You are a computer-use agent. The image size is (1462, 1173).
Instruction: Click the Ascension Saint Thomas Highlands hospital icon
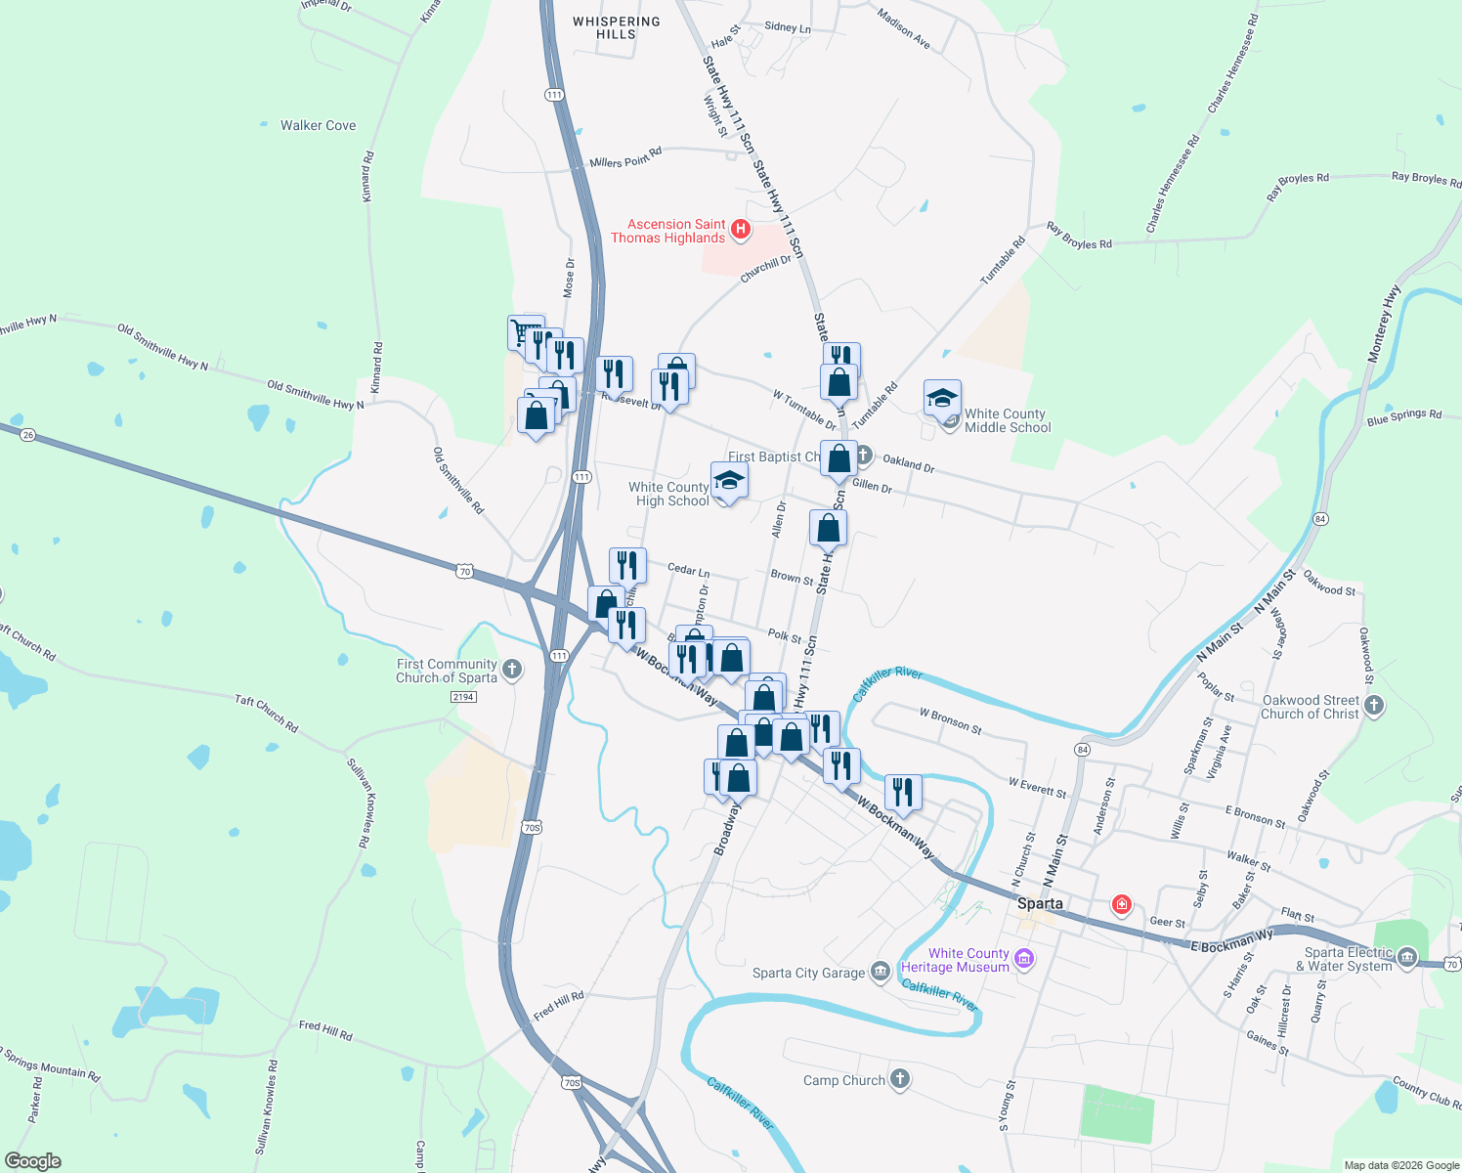click(x=741, y=230)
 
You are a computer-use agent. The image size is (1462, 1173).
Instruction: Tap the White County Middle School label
click(x=1007, y=420)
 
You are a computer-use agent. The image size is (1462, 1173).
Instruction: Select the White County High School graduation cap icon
click(x=729, y=481)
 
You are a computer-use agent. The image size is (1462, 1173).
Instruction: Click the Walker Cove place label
click(x=318, y=125)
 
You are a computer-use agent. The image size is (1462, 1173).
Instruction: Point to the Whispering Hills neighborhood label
click(x=616, y=27)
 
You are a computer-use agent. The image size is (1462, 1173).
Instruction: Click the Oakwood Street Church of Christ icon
click(x=1374, y=706)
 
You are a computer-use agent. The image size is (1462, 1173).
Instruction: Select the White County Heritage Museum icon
click(x=1024, y=959)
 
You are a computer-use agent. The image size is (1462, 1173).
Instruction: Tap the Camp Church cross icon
click(x=900, y=1079)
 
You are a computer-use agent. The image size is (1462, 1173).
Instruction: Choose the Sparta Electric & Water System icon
click(x=1407, y=958)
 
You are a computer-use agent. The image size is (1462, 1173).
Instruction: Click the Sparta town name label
click(x=1040, y=903)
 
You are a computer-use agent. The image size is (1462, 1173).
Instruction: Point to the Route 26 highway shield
click(x=27, y=435)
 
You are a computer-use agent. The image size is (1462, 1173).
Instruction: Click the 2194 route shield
click(x=463, y=697)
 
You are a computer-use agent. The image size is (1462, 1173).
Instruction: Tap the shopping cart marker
click(x=525, y=331)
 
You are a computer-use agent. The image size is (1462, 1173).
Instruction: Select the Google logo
click(x=33, y=1161)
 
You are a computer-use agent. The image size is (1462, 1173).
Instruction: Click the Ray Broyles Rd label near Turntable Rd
click(x=1079, y=237)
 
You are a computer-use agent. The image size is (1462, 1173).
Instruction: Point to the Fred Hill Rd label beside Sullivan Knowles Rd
click(x=325, y=1029)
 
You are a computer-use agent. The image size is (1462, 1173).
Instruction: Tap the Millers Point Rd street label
click(x=625, y=157)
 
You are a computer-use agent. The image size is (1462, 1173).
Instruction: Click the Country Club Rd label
click(x=1426, y=1093)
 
